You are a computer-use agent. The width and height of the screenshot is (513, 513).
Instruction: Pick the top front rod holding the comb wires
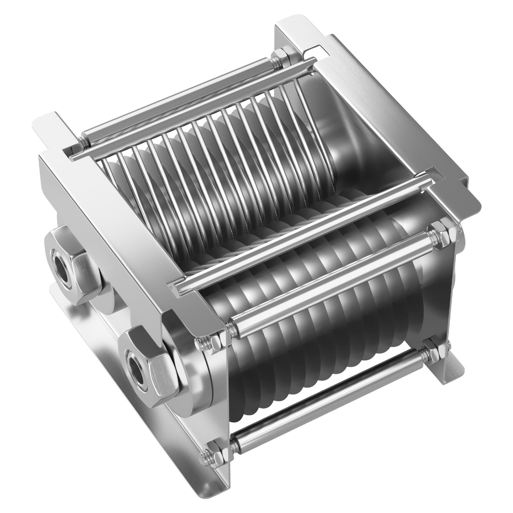tap(302, 231)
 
